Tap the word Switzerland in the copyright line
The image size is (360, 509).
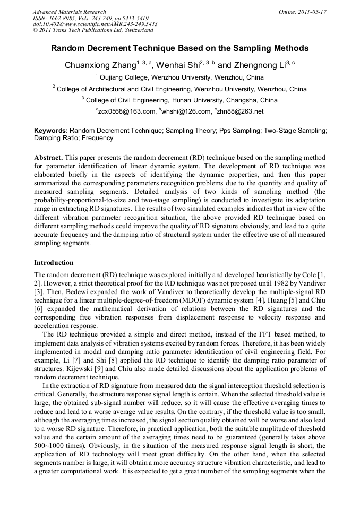(x=135, y=30)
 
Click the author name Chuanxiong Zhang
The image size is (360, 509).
(x=100, y=66)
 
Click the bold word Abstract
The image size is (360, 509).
(x=48, y=158)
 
